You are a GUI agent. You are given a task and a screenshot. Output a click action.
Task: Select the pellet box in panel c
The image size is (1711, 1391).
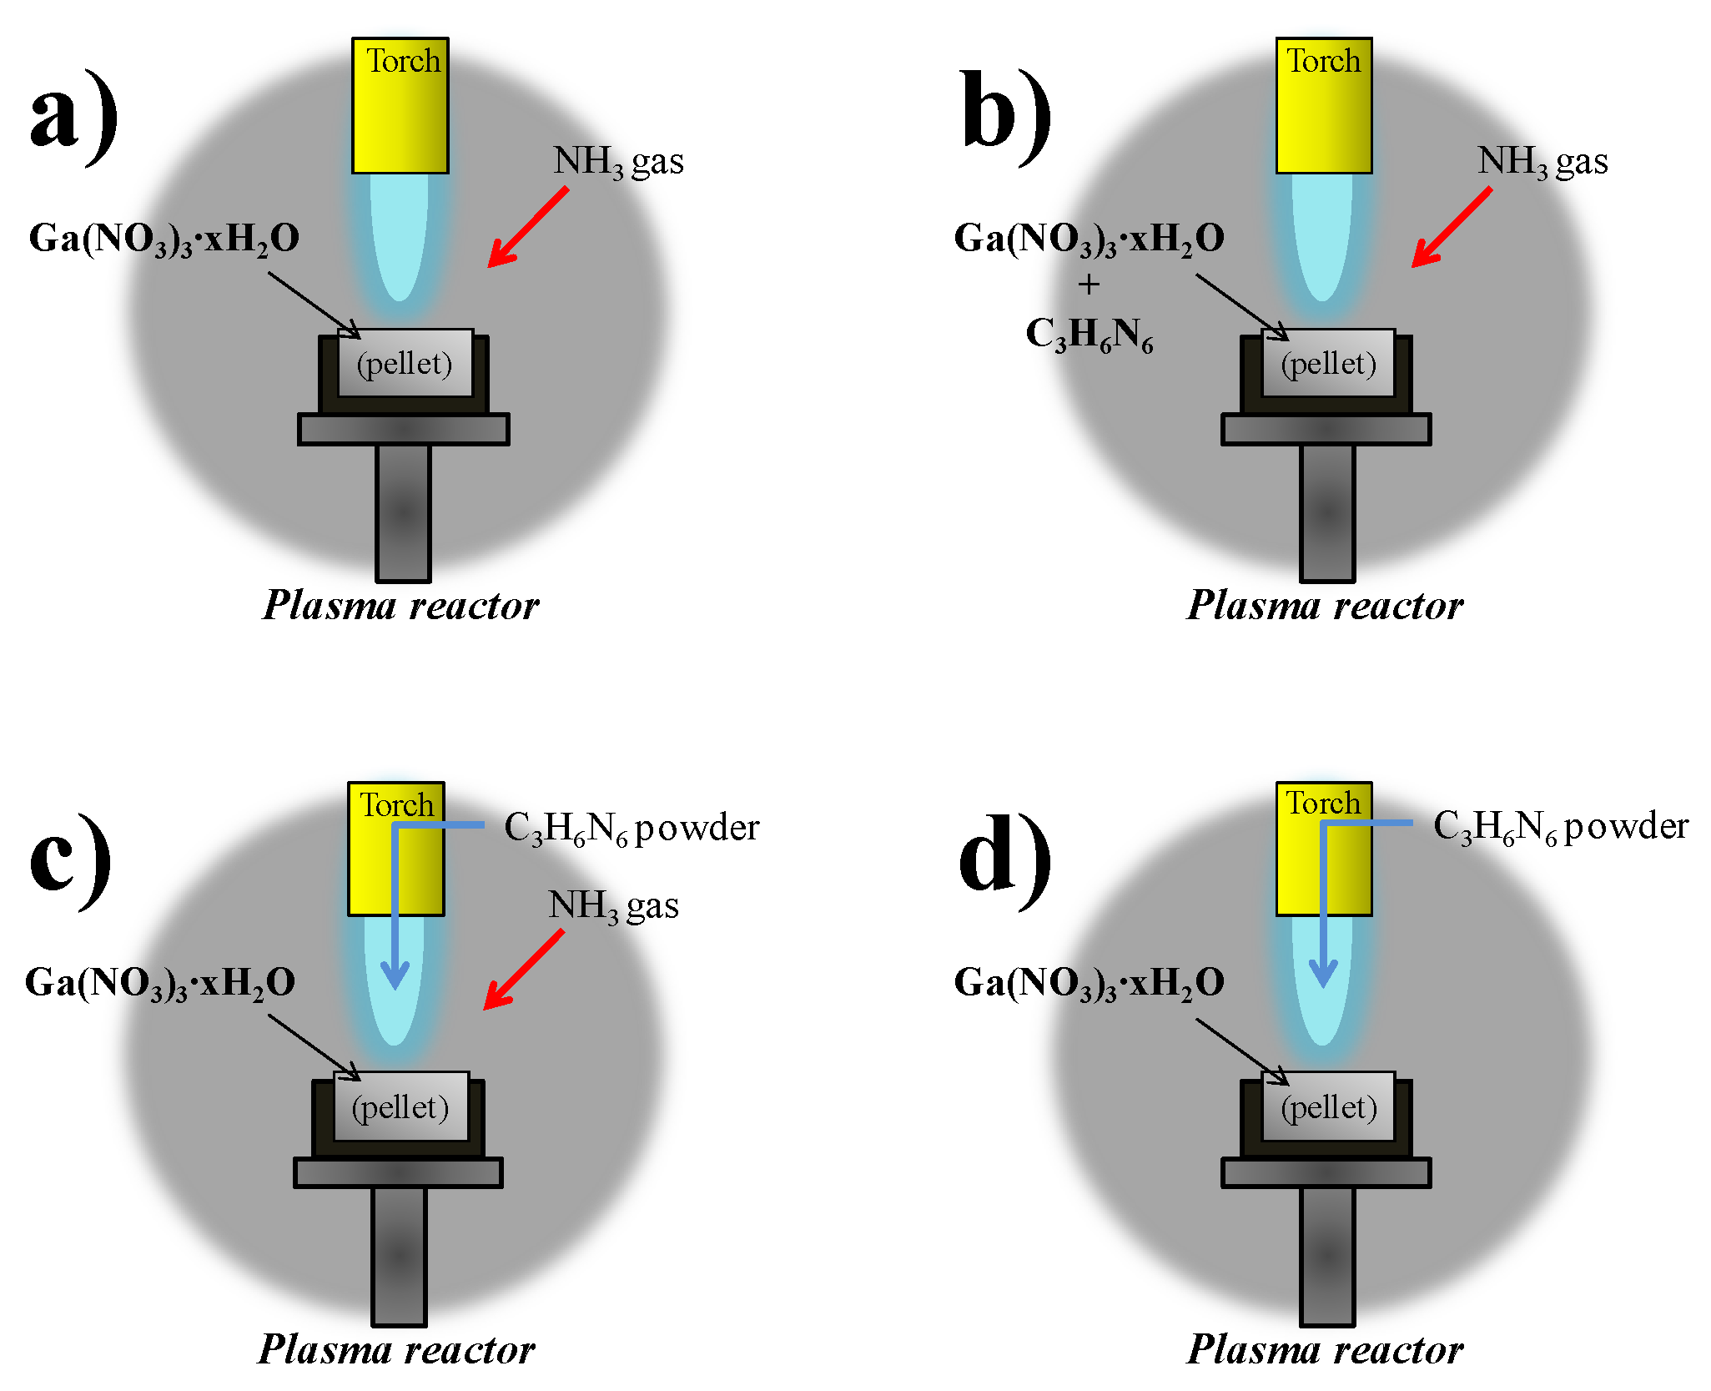tap(400, 1107)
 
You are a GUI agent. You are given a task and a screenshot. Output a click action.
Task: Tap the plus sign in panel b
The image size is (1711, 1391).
tap(1088, 285)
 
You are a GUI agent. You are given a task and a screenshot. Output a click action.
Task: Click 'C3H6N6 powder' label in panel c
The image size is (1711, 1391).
tap(632, 829)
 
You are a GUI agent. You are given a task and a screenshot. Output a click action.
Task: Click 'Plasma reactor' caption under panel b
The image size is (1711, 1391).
tap(1324, 605)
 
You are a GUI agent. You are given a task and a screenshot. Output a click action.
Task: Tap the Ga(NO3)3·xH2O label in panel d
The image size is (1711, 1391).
tap(1089, 983)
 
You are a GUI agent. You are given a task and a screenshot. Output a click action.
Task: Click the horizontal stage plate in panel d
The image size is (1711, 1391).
tap(1326, 1172)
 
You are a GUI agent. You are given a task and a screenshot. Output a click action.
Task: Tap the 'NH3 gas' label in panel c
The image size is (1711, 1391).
tap(613, 906)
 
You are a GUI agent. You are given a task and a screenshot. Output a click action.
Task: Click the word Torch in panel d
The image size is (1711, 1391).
tap(1322, 803)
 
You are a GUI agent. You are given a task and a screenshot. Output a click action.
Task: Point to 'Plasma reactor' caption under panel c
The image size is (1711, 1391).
tap(396, 1349)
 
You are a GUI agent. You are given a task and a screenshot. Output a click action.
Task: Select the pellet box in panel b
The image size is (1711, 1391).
tap(1327, 364)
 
